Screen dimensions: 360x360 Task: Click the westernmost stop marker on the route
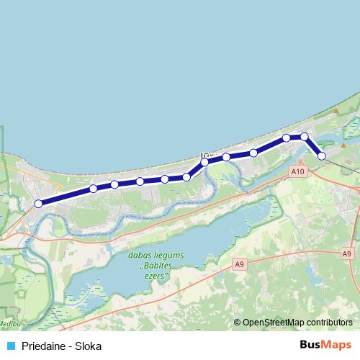tap(38, 204)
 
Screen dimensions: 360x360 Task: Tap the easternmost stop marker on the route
tap(322, 156)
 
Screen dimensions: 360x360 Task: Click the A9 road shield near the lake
tap(240, 265)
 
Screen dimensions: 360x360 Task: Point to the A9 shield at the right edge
tap(348, 253)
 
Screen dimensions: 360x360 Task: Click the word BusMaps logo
tap(325, 345)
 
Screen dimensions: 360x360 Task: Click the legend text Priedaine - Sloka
tap(62, 346)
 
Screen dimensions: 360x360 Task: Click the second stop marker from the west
tap(93, 189)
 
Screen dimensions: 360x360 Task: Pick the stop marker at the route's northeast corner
tap(305, 136)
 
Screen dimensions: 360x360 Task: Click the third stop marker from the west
tap(114, 185)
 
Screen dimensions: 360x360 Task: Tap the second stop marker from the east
tap(305, 136)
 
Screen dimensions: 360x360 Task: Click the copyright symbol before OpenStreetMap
tap(238, 323)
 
